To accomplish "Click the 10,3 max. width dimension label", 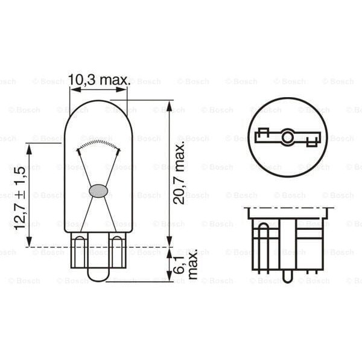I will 99,79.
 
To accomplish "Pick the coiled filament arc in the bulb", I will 98,144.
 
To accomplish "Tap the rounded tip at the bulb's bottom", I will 98,275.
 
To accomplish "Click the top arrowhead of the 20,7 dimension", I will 170,103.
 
